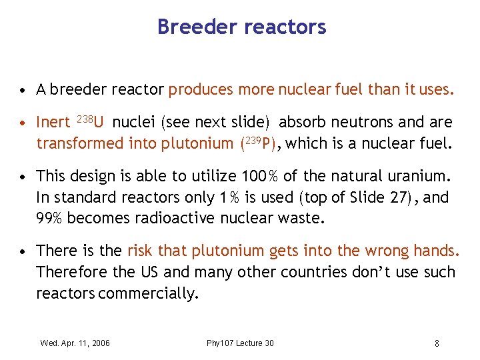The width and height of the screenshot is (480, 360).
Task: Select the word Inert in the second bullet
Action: [x=53, y=123]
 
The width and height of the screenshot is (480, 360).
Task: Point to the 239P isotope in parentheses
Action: [x=254, y=142]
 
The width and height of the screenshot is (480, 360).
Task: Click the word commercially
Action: [x=147, y=293]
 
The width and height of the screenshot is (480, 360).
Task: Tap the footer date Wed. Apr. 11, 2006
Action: [x=75, y=343]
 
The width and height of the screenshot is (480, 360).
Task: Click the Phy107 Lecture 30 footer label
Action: [x=240, y=343]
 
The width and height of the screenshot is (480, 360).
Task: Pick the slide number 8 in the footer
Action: [x=437, y=343]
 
